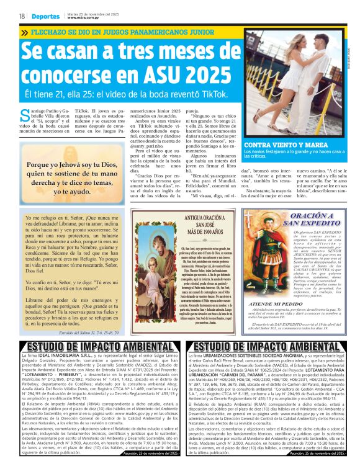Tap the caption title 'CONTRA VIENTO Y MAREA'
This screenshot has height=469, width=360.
pyautogui.click(x=277, y=145)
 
